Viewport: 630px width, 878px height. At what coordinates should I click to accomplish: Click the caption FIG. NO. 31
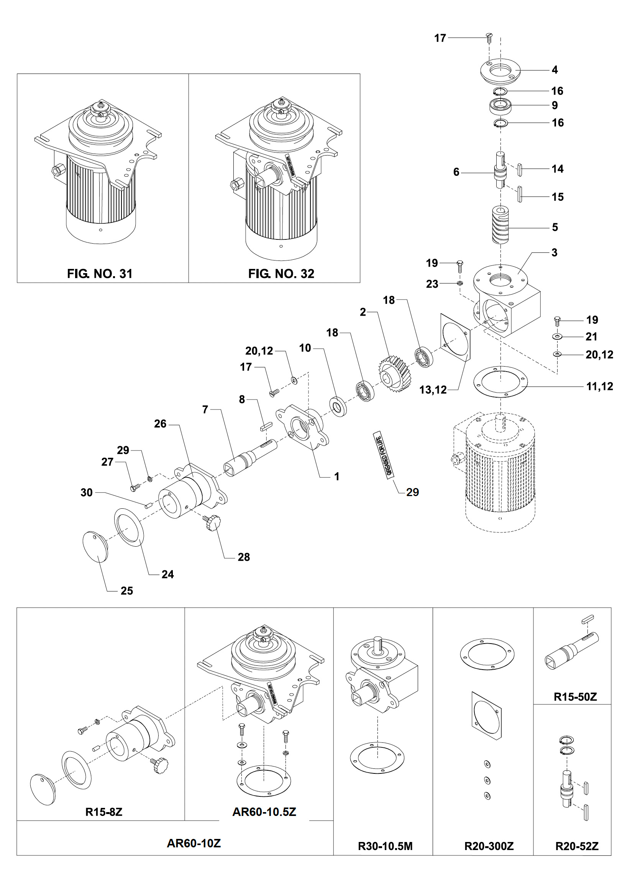coord(100,274)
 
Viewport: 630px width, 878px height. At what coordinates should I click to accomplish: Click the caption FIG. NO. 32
coord(281,274)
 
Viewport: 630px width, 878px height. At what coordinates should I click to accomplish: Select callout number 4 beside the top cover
coord(555,70)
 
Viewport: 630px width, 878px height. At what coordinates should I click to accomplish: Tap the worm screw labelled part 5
coord(500,226)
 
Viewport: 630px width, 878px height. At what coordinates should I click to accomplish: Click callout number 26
coord(160,424)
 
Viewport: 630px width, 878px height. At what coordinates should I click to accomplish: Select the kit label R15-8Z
coord(104,812)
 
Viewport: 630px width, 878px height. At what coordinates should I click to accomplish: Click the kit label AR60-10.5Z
coord(264,812)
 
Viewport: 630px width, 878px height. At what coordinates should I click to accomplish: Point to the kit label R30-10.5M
coord(385,846)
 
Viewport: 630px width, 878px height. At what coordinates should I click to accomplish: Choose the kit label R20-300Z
coord(489,846)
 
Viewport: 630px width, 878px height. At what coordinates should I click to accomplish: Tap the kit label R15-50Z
coord(575,697)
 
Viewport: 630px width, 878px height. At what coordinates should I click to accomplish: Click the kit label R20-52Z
coord(577,846)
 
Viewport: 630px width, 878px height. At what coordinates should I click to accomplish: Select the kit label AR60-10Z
coord(194,843)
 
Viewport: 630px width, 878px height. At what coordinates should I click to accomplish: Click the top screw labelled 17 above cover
coord(489,38)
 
